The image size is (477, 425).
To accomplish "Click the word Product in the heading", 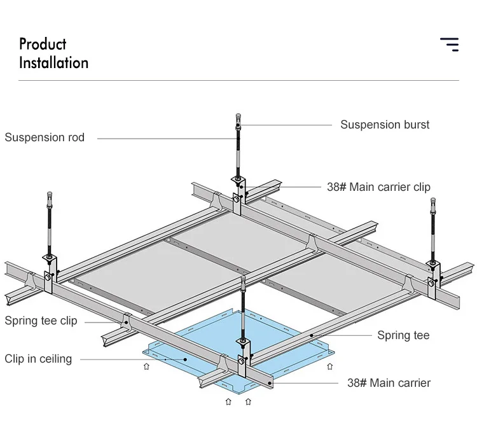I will [x=43, y=45].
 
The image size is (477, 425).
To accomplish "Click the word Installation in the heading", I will [x=53, y=63].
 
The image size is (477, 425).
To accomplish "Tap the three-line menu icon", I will [x=449, y=44].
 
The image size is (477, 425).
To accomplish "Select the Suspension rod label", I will [x=45, y=137].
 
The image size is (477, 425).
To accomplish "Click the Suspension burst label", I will [x=385, y=125].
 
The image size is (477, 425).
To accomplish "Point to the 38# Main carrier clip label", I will [x=378, y=187].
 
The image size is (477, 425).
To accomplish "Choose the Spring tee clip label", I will [x=41, y=321].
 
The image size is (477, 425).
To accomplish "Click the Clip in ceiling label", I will [x=38, y=359].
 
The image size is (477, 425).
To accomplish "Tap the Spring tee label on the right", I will [x=403, y=335].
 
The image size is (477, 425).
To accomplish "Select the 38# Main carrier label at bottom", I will [x=389, y=383].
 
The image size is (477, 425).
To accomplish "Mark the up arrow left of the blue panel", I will [x=146, y=366].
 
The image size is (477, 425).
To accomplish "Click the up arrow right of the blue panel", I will [x=330, y=366].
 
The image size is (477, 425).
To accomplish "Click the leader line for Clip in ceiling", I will [x=127, y=359].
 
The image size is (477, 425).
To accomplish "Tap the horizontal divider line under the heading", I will [x=238, y=81].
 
